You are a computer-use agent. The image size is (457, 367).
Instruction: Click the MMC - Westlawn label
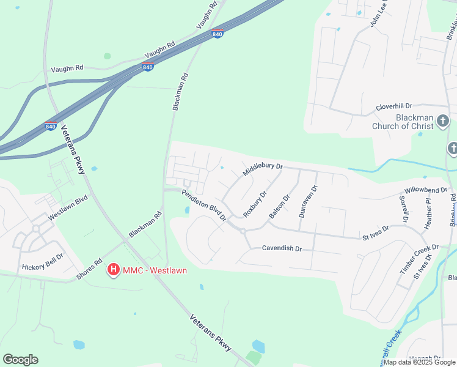tap(155, 270)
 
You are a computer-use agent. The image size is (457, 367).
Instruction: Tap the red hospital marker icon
tap(113, 269)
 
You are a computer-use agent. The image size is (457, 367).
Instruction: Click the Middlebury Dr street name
tap(263, 169)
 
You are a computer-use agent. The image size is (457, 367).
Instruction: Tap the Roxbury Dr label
tap(255, 204)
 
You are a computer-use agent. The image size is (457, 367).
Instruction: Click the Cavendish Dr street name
tap(282, 249)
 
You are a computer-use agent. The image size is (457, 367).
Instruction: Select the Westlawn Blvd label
tap(68, 207)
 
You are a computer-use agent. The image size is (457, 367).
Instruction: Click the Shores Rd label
tap(89, 267)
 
